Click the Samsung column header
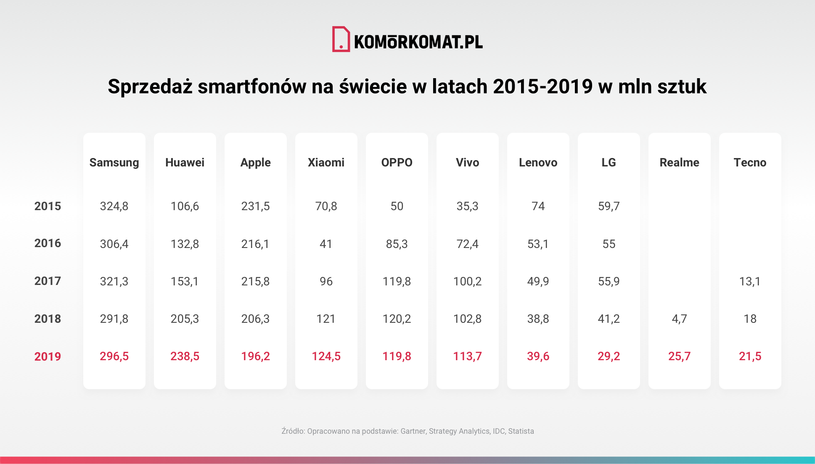pyautogui.click(x=114, y=163)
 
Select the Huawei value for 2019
pyautogui.click(x=185, y=356)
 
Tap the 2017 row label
pyautogui.click(x=48, y=281)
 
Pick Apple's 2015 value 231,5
pyautogui.click(x=255, y=206)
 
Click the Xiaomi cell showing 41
pyautogui.click(x=326, y=244)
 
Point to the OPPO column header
pyautogui.click(x=397, y=163)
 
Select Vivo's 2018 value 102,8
pyautogui.click(x=467, y=319)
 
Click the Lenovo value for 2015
pyautogui.click(x=538, y=206)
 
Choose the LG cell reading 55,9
pyautogui.click(x=609, y=281)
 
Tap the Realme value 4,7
pyautogui.click(x=679, y=319)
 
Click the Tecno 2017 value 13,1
pyautogui.click(x=750, y=281)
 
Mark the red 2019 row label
pyautogui.click(x=48, y=356)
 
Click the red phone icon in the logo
pyautogui.click(x=341, y=40)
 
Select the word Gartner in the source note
pyautogui.click(x=413, y=431)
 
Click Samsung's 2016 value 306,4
pyautogui.click(x=114, y=244)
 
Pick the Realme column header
pyautogui.click(x=679, y=163)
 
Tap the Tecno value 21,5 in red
pyautogui.click(x=750, y=356)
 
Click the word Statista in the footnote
pyautogui.click(x=521, y=431)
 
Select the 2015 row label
pyautogui.click(x=48, y=206)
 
